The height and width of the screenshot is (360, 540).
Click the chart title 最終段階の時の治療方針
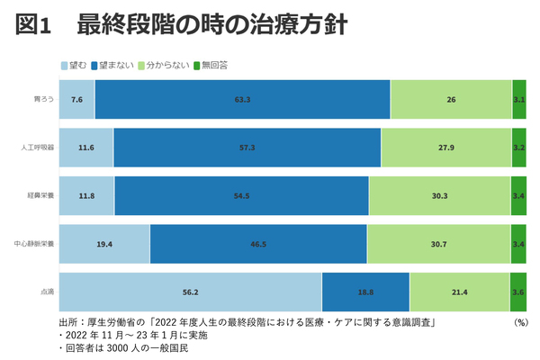pyautogui.click(x=207, y=25)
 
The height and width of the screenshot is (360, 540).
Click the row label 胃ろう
pyautogui.click(x=42, y=99)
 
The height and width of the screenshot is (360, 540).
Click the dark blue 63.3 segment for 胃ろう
pyautogui.click(x=242, y=99)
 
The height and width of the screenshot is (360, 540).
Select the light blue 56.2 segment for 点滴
pyautogui.click(x=190, y=292)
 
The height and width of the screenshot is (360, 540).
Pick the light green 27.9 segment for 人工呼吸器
pyautogui.click(x=445, y=147)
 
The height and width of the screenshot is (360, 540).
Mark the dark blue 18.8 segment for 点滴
pyautogui.click(x=365, y=292)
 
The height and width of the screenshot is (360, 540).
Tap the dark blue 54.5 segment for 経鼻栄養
pyautogui.click(x=241, y=195)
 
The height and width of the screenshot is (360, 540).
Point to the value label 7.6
pyautogui.click(x=76, y=99)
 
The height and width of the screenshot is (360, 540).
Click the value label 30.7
pyautogui.click(x=438, y=244)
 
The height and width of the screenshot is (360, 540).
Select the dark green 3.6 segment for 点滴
pyautogui.click(x=518, y=292)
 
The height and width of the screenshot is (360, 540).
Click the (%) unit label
pyautogui.click(x=520, y=321)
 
